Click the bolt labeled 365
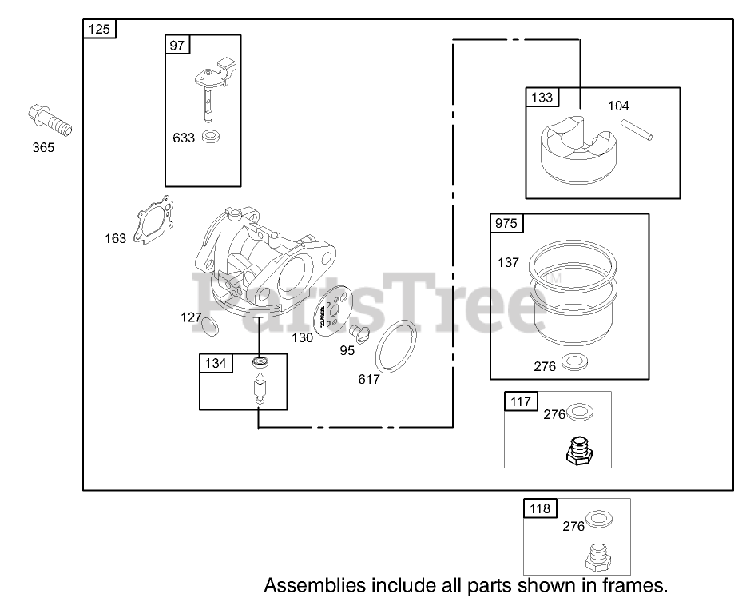coord(50,120)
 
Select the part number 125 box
coord(100,30)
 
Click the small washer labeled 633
coord(212,137)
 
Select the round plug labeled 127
coord(208,325)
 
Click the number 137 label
coord(508,262)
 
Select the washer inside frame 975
coord(572,364)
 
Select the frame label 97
coord(177,45)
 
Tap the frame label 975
coord(506,224)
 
